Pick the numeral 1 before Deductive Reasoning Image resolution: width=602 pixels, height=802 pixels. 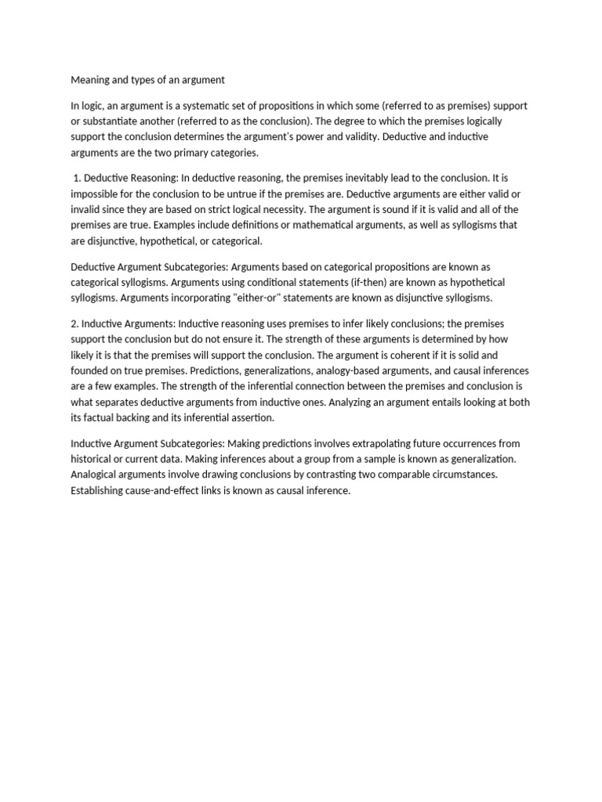[77, 179]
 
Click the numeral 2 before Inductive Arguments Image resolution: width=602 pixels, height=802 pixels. [74, 323]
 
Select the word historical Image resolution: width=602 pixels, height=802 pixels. [94, 459]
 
